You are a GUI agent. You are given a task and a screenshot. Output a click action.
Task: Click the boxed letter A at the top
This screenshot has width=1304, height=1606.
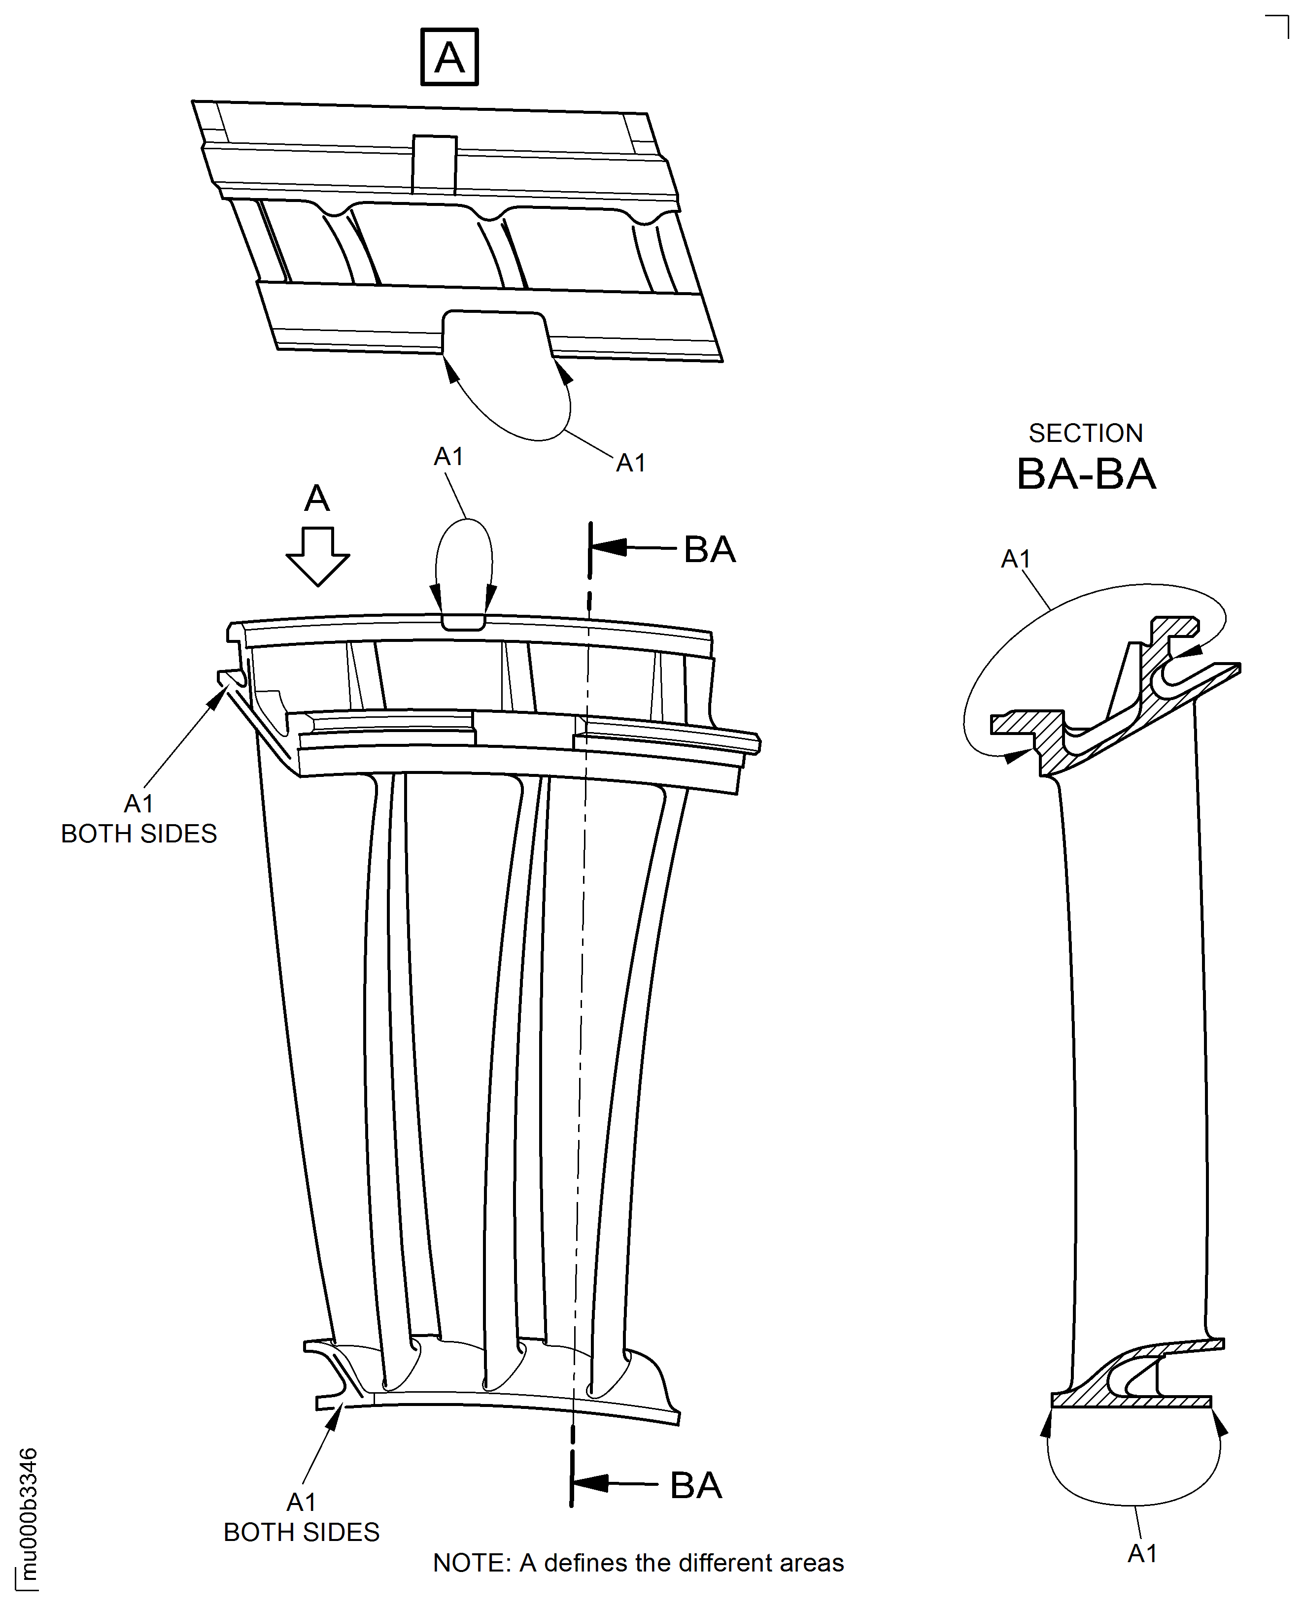pos(449,57)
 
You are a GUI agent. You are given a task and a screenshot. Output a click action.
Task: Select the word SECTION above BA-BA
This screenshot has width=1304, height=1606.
pos(1085,433)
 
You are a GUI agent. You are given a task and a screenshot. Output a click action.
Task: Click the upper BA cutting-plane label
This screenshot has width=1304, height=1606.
pos(709,550)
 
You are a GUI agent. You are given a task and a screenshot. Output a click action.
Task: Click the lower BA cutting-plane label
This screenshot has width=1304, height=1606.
pos(695,1485)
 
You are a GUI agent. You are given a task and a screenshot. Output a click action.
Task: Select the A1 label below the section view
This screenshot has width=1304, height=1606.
pos(1142,1553)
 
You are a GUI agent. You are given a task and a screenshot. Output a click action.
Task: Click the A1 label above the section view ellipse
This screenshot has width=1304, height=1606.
pos(1016,559)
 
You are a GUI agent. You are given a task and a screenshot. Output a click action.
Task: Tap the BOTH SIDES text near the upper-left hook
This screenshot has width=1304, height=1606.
pos(139,834)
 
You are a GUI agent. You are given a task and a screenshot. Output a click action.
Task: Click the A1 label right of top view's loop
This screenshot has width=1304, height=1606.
pos(630,463)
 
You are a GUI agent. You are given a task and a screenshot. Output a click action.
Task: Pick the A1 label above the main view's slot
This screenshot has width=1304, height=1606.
pos(448,457)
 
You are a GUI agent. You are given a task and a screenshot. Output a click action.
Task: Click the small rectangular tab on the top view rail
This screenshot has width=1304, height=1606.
pos(434,164)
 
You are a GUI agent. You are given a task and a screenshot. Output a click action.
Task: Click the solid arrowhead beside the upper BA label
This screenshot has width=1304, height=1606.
pos(610,547)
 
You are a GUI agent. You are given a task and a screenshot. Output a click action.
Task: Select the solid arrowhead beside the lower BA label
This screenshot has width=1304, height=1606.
pos(591,1483)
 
